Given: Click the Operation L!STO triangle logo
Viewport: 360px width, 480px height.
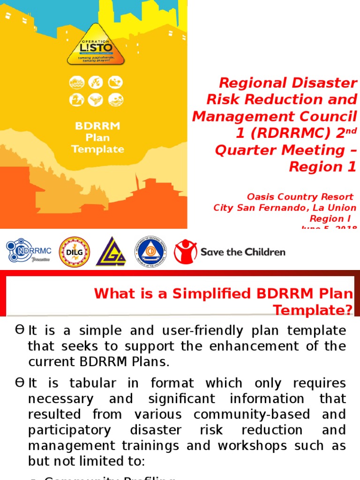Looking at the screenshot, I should (x=96, y=46).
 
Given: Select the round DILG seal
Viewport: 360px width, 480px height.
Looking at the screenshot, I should (x=74, y=252).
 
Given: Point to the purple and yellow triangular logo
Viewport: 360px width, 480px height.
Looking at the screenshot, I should (x=112, y=252).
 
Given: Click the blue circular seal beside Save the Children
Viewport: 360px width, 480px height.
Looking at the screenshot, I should (x=151, y=252).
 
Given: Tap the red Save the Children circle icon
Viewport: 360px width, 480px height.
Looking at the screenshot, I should (x=185, y=252).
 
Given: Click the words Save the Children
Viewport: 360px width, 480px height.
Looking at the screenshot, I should (x=243, y=252).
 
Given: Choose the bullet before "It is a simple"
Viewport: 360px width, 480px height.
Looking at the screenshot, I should (x=19, y=330).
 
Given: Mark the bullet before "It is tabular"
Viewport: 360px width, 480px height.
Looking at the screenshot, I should (x=19, y=383).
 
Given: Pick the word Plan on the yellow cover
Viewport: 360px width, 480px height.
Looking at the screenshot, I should (x=97, y=138).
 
